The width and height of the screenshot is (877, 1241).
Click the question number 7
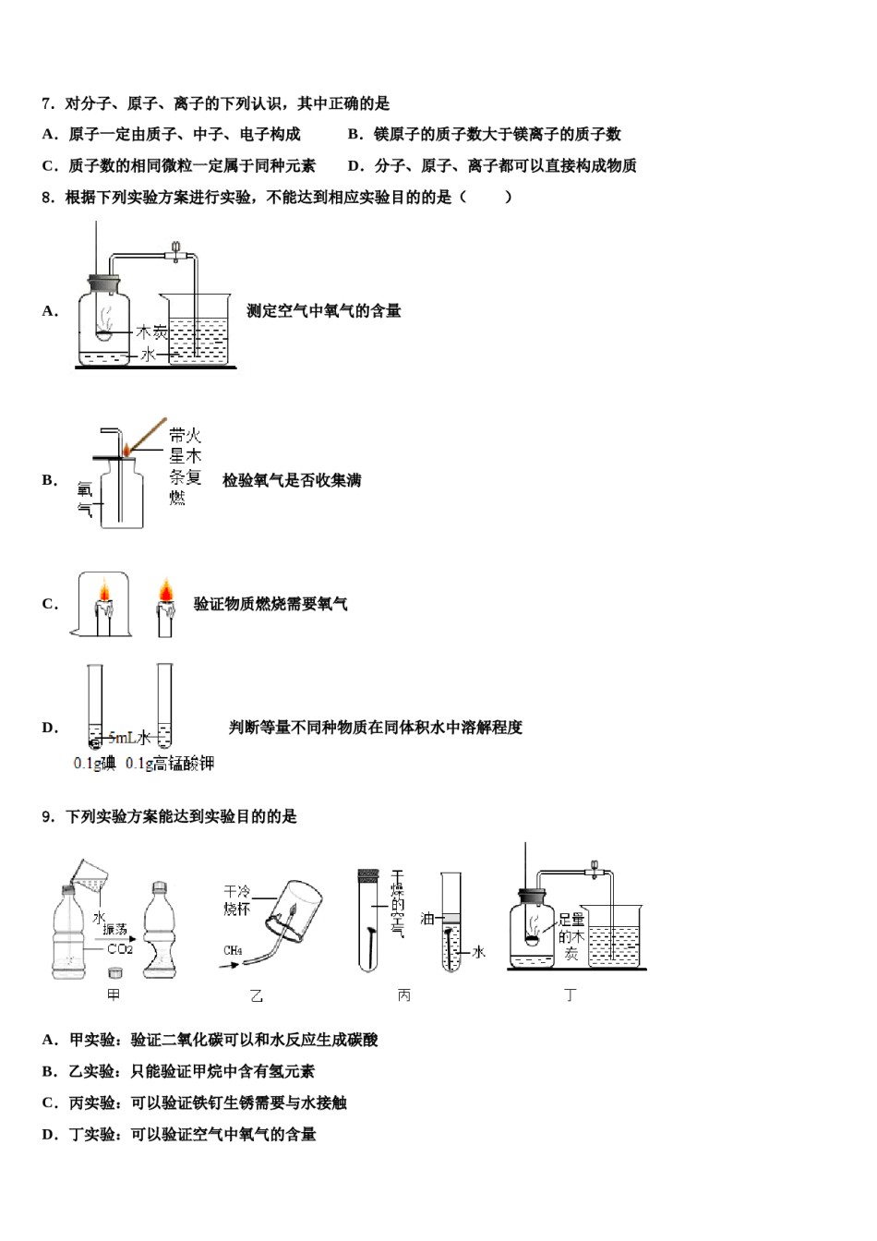(48, 103)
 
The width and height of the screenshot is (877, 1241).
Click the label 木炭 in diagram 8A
(152, 331)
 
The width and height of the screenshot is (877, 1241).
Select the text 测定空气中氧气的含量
(323, 311)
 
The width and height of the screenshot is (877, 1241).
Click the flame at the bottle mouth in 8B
(126, 449)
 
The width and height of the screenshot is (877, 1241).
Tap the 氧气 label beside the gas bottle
(85, 499)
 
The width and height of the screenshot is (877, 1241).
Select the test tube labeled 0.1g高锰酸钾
(164, 706)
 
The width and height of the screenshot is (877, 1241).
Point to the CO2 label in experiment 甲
(119, 948)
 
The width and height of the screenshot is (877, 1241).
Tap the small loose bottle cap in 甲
(114, 971)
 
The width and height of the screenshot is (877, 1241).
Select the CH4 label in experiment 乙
(233, 950)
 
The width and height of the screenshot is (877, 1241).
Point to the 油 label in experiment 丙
(426, 918)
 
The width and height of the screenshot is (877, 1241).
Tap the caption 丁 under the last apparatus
(570, 994)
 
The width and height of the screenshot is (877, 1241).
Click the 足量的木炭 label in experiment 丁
(571, 936)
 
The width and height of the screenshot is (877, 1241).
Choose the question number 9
(48, 816)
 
